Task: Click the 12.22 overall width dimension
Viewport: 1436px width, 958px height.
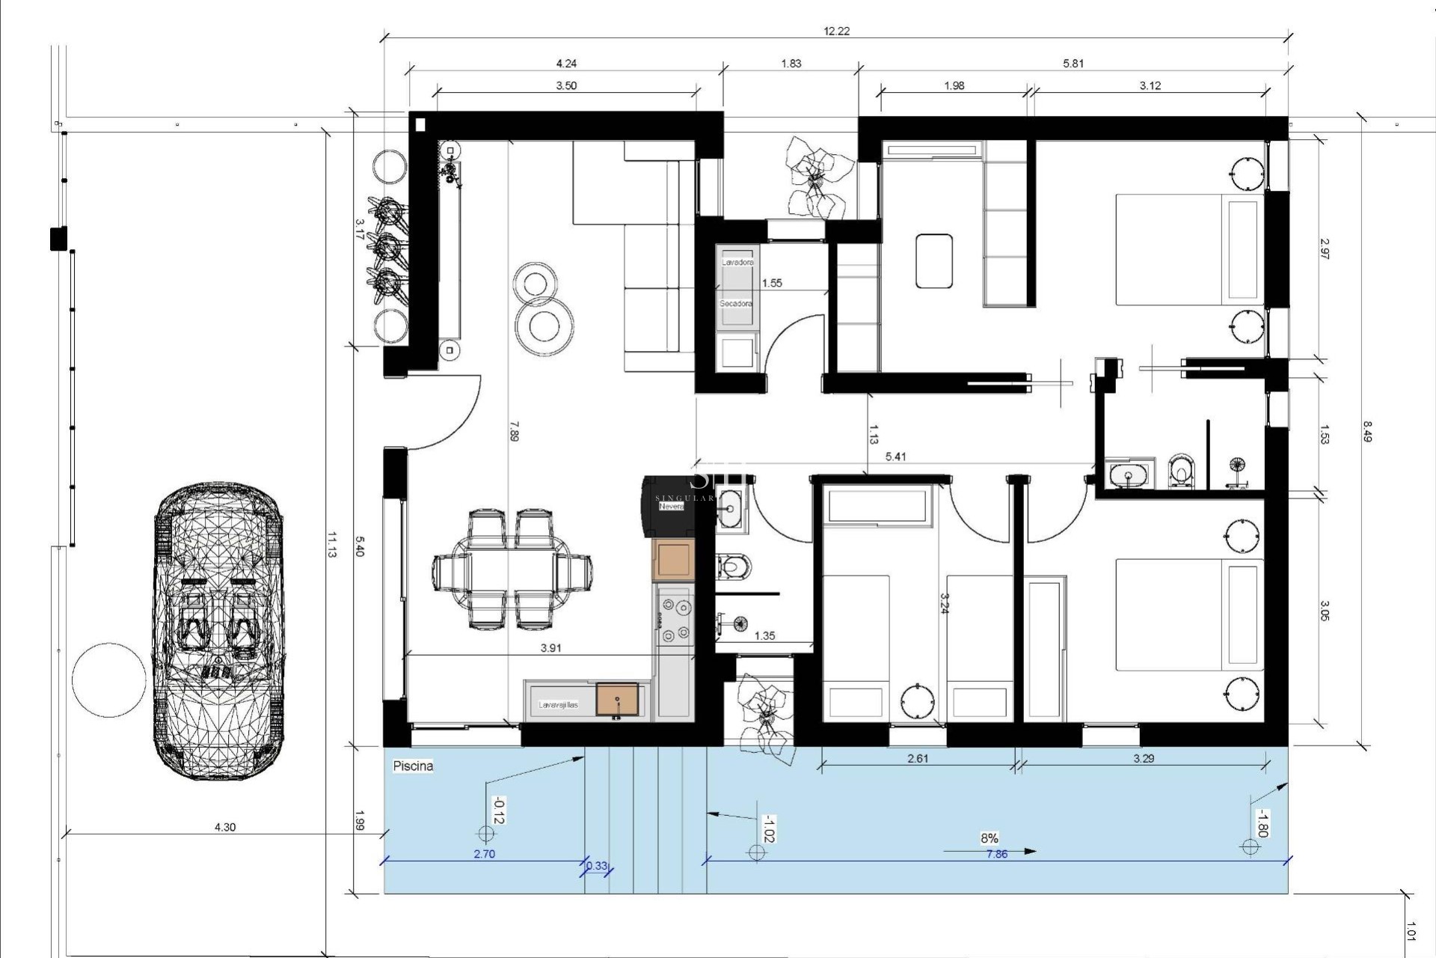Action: [x=836, y=31]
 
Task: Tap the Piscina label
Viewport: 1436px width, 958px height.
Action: [x=413, y=766]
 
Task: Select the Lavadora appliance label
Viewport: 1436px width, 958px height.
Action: [x=737, y=263]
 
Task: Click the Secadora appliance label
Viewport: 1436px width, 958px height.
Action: [x=736, y=304]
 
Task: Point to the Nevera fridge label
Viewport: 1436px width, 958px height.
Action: [x=671, y=507]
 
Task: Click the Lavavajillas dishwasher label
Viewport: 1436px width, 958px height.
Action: [x=558, y=705]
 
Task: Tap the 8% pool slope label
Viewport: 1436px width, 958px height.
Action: [x=989, y=838]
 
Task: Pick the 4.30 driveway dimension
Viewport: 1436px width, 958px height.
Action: [x=225, y=827]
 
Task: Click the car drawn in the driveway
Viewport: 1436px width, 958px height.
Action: [x=219, y=631]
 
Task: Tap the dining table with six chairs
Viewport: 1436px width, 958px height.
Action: [x=513, y=569]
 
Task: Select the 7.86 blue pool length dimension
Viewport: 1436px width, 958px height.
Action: [x=996, y=854]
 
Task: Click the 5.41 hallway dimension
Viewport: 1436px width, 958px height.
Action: [x=895, y=457]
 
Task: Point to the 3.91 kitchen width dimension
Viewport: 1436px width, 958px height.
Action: [x=550, y=648]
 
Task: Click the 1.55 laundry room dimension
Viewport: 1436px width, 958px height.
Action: [x=772, y=283]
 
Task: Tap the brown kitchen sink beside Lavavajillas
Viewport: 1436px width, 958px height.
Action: [x=618, y=699]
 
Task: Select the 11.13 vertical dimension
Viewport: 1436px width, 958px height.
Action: [x=331, y=544]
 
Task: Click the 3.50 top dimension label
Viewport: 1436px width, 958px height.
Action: [x=566, y=85]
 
